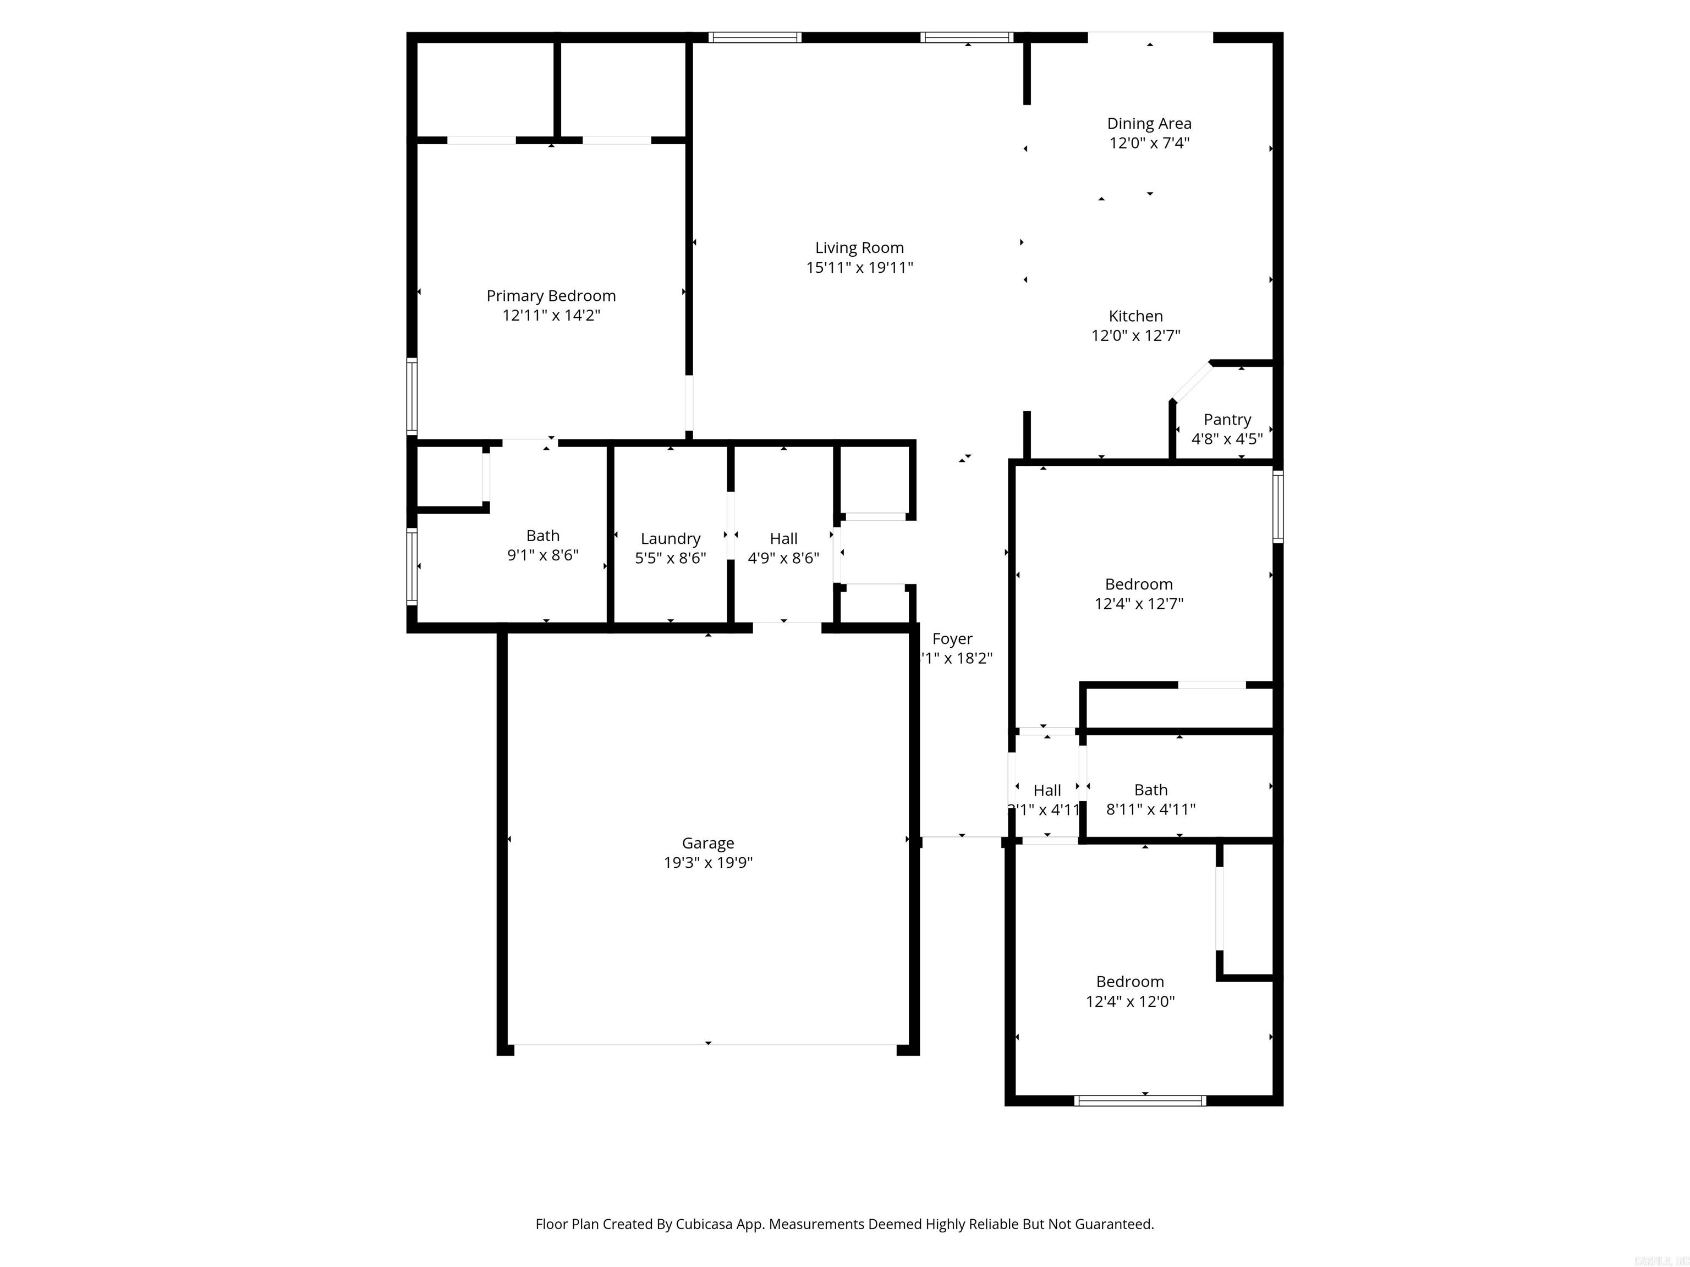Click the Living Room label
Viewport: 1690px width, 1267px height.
point(859,247)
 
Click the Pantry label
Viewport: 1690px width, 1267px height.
point(1227,419)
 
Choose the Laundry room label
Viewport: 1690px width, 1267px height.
point(670,538)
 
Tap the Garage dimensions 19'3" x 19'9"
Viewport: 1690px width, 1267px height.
point(707,863)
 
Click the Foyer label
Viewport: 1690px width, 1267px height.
point(952,638)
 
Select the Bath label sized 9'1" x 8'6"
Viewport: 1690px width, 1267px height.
point(542,536)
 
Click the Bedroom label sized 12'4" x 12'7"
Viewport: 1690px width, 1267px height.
point(1138,584)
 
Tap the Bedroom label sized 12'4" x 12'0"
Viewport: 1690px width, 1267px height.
point(1129,982)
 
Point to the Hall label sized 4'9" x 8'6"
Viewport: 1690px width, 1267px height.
point(783,538)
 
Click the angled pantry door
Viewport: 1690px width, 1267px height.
point(1191,382)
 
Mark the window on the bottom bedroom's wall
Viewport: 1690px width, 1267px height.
point(1139,1100)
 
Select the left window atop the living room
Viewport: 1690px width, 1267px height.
point(754,37)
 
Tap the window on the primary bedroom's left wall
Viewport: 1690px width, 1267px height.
point(412,396)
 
